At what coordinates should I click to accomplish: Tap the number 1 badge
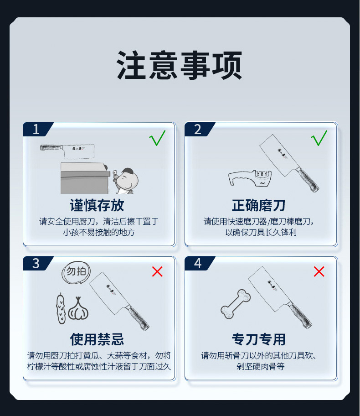(x=36, y=130)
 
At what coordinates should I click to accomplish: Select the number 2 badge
(x=197, y=130)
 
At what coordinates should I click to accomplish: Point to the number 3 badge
(x=36, y=264)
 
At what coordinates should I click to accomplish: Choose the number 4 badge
(x=197, y=264)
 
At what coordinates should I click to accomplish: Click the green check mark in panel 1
(x=157, y=138)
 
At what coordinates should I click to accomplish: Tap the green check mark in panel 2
(x=319, y=138)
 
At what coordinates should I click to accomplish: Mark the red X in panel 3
(x=157, y=272)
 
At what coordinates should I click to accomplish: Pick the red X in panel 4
(x=319, y=272)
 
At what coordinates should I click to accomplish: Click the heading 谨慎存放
(x=97, y=205)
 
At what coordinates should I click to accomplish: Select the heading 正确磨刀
(x=259, y=205)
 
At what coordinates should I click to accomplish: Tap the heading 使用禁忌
(x=97, y=339)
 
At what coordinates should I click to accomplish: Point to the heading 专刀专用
(x=259, y=339)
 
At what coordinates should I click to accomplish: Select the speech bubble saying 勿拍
(x=76, y=272)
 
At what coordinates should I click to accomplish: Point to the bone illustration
(x=236, y=304)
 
